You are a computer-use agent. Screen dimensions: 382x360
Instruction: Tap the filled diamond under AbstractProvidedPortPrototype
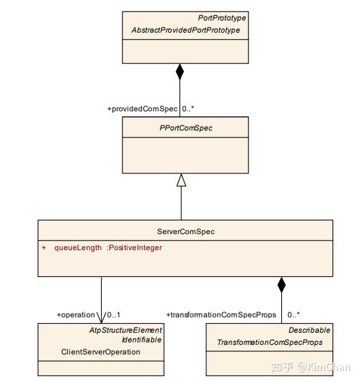point(180,71)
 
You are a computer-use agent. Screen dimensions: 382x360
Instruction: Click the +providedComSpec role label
point(142,109)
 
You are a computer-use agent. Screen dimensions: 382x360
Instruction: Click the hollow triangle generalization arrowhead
point(181,181)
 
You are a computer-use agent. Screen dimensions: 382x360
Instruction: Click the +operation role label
point(76,315)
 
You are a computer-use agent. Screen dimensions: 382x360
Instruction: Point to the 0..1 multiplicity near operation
point(113,315)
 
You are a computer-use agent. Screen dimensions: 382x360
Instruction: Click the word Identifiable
point(142,340)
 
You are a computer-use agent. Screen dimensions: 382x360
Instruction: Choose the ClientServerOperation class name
point(101,351)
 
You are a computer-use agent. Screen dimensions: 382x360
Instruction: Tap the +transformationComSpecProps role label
point(221,315)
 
